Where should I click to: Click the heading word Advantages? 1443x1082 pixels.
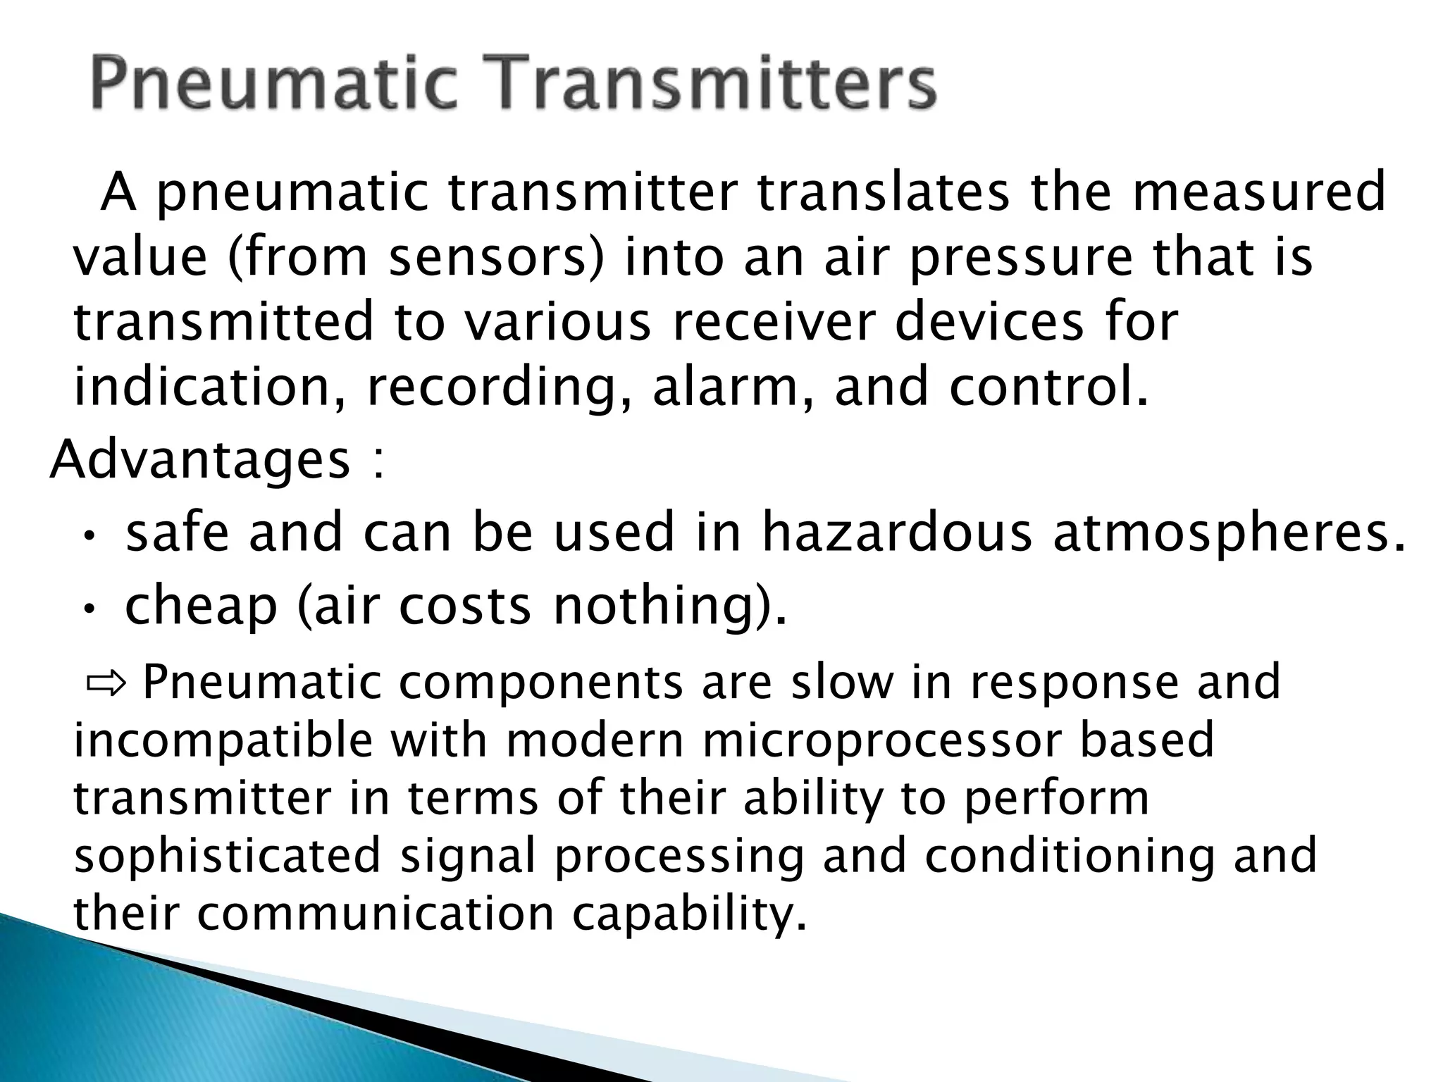pyautogui.click(x=200, y=459)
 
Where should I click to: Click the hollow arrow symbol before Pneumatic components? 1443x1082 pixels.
pyautogui.click(x=105, y=683)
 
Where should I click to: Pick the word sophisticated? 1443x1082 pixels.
pyautogui.click(x=228, y=856)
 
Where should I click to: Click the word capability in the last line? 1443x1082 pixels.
pyautogui.click(x=688, y=914)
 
